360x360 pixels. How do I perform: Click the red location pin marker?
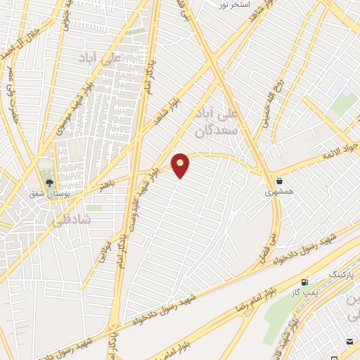point(181,165)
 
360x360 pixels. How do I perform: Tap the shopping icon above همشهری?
point(280,181)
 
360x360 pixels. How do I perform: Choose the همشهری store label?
point(280,191)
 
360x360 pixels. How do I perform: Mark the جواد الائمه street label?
point(340,152)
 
